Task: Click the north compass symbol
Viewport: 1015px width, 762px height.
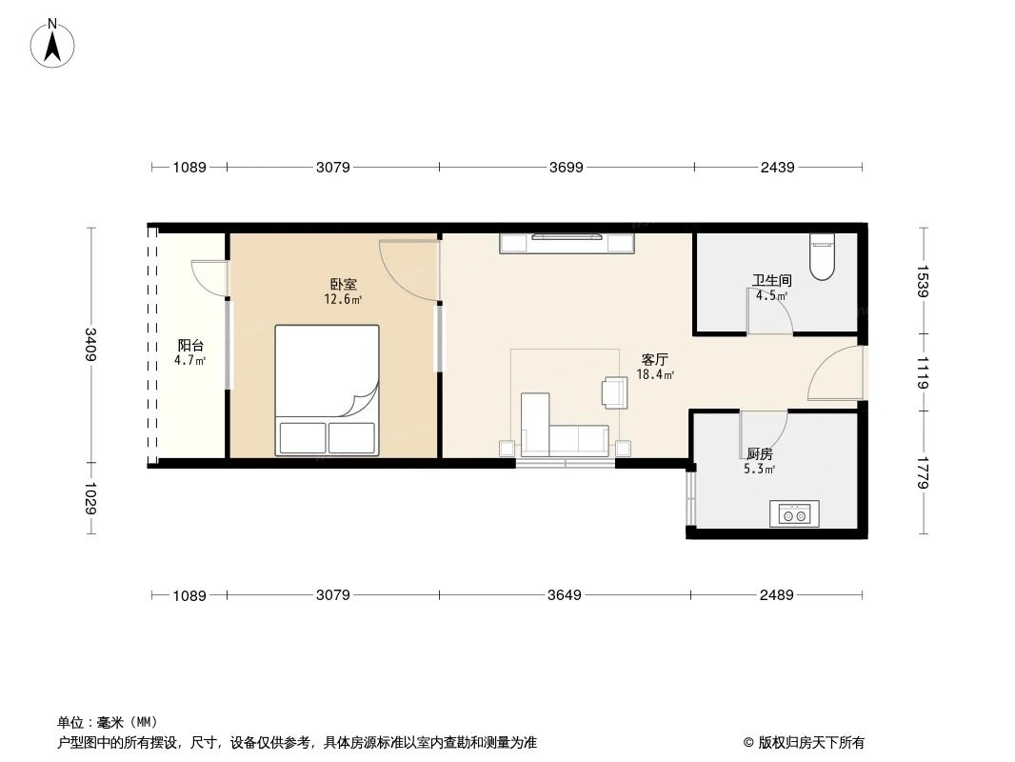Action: (x=53, y=42)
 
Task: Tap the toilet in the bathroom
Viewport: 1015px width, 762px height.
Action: (x=820, y=254)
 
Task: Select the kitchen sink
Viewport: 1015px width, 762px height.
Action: (x=794, y=515)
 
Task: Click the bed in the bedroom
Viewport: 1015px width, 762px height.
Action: (x=327, y=390)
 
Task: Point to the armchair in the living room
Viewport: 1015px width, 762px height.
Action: (x=614, y=391)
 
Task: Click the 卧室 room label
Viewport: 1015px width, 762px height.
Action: (x=344, y=285)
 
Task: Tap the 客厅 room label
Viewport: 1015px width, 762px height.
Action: (x=654, y=360)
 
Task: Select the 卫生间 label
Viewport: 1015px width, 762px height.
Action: (x=771, y=281)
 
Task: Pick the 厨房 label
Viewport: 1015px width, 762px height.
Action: (x=759, y=453)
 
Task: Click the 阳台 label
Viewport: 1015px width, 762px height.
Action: (x=190, y=346)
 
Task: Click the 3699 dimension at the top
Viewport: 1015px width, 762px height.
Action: (x=566, y=168)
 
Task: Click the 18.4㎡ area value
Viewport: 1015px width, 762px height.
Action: (x=655, y=375)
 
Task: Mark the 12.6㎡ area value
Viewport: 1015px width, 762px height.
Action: (x=344, y=299)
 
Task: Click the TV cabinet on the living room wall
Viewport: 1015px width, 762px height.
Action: (x=567, y=243)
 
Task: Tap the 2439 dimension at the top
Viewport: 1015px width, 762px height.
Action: (x=777, y=168)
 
